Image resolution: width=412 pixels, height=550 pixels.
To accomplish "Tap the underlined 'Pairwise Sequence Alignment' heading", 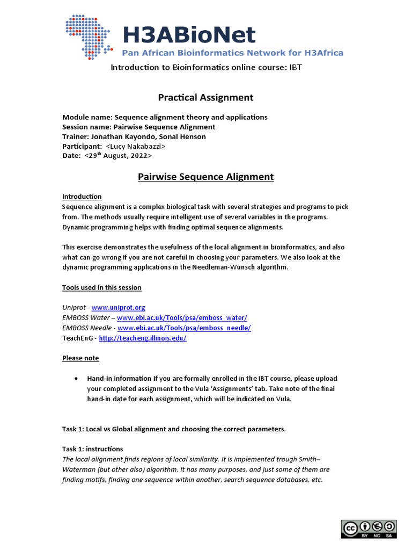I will pos(205,176).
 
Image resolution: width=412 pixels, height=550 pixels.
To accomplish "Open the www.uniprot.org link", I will pos(119,307).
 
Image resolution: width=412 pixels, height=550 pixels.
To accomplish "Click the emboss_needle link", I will pos(184,328).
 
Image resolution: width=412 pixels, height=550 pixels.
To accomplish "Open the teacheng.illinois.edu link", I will pos(143,338).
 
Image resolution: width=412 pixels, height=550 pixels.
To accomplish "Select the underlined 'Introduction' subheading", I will pos(82,197).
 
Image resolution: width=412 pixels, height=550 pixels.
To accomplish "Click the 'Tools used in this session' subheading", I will pos(102,287).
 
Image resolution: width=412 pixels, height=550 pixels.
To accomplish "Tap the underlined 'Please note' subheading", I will pos(80,358).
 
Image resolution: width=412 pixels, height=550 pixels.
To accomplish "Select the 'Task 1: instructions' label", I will pos(92,448).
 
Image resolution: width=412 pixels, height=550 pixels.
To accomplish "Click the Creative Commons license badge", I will pos(368,529).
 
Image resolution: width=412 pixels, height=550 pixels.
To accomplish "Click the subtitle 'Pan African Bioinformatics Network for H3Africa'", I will pos(232,53).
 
